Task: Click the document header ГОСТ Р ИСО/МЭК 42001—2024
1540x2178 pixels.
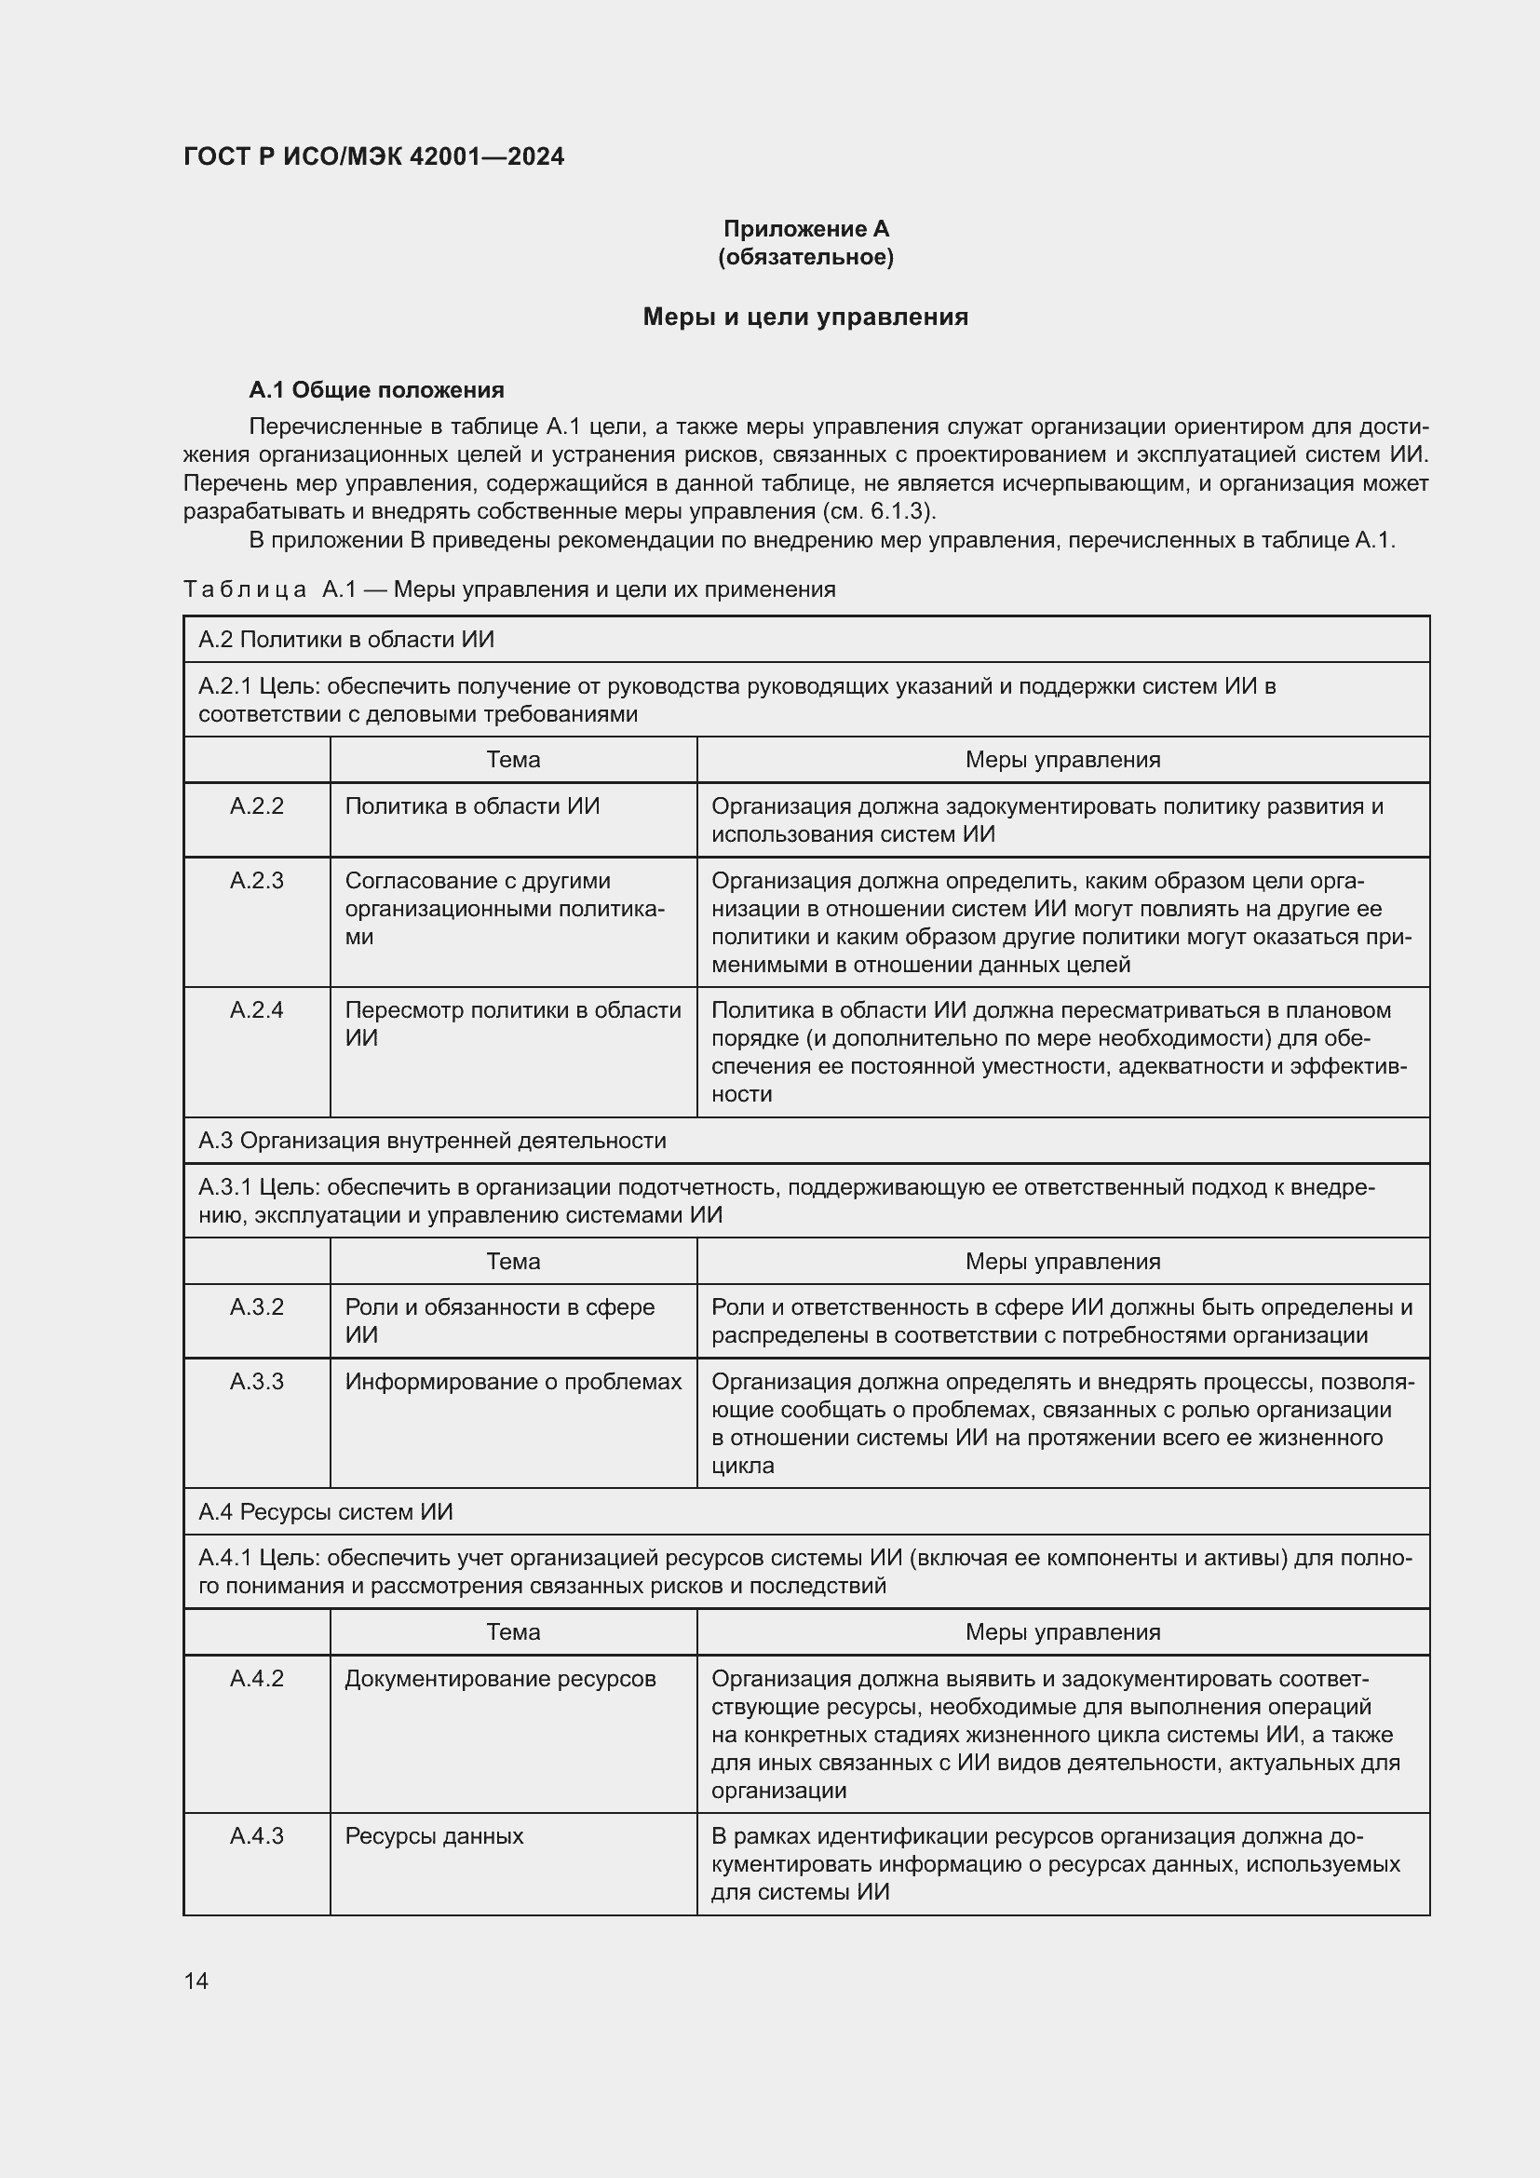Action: point(373,156)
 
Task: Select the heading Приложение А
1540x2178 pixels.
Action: point(806,229)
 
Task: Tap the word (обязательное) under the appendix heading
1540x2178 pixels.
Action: point(806,257)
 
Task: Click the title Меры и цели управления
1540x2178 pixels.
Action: point(806,317)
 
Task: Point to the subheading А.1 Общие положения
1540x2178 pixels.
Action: point(376,390)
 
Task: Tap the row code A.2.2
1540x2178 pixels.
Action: point(257,806)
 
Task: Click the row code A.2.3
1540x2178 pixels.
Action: point(257,880)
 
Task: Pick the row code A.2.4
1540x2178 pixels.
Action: point(257,1010)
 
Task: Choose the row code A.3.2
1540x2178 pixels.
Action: point(257,1307)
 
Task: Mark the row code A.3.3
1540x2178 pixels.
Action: point(257,1381)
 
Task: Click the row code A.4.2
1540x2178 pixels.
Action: point(257,1678)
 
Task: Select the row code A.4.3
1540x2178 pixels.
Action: point(257,1835)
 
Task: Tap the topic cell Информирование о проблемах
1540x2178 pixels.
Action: point(513,1381)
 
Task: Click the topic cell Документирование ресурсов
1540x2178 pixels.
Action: point(501,1678)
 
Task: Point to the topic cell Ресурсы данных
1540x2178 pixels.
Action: point(434,1835)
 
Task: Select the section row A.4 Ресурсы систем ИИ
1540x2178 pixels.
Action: point(326,1511)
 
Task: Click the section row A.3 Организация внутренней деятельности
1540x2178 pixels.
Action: point(432,1141)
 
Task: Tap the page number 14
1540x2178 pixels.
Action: point(196,1981)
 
